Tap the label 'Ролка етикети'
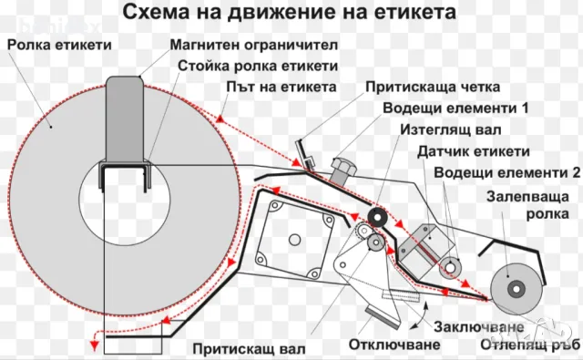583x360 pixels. coord(61,45)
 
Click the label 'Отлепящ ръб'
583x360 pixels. coord(527,345)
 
